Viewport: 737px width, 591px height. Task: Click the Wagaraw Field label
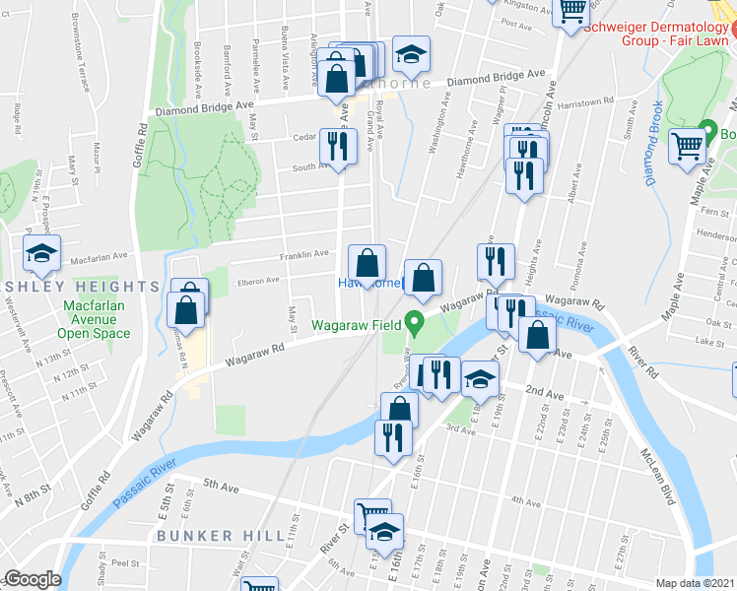point(358,325)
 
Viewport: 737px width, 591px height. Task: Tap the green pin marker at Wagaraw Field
point(416,321)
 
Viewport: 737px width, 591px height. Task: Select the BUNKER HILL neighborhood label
point(208,536)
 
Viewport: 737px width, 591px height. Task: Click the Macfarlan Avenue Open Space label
point(94,319)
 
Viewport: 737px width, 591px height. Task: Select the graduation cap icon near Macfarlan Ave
point(42,253)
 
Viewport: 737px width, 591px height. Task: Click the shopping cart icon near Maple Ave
point(688,147)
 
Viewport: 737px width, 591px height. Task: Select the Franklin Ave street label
point(303,254)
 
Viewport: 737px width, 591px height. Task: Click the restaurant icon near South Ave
point(337,146)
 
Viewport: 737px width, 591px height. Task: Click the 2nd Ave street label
point(544,394)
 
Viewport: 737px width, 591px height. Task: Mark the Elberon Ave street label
point(258,282)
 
